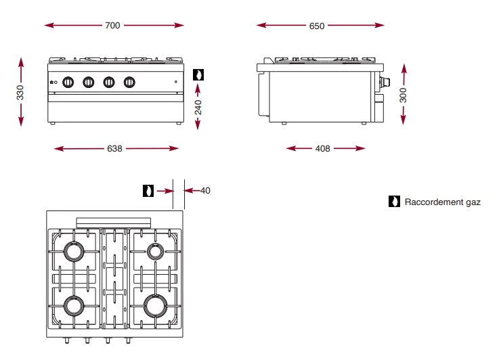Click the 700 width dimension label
point(112,26)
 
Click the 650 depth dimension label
point(317,26)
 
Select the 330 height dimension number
point(20,92)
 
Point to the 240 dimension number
point(198,108)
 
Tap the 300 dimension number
point(404,95)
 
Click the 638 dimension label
point(114,149)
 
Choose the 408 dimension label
point(323,149)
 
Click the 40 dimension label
point(205,191)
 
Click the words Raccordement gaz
point(443,202)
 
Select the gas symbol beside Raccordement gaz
point(394,202)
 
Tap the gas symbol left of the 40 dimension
point(148,191)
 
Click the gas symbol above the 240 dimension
point(198,75)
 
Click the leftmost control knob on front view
point(68,83)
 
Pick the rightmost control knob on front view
point(129,83)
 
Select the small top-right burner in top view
point(156,252)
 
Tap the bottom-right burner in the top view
point(155,306)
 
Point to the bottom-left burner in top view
point(73,306)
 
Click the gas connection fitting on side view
point(387,83)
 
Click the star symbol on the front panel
point(53,83)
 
